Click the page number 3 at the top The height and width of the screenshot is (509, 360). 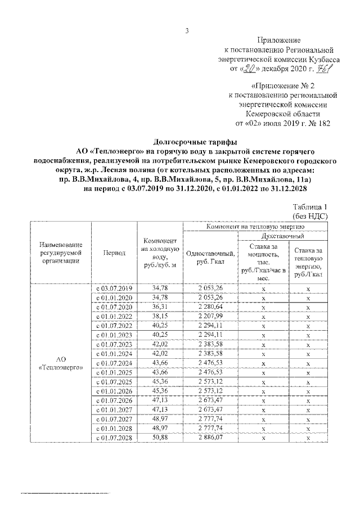coord(186,31)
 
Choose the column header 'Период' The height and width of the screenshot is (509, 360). coord(114,253)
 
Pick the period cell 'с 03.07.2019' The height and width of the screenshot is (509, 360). coord(114,288)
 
